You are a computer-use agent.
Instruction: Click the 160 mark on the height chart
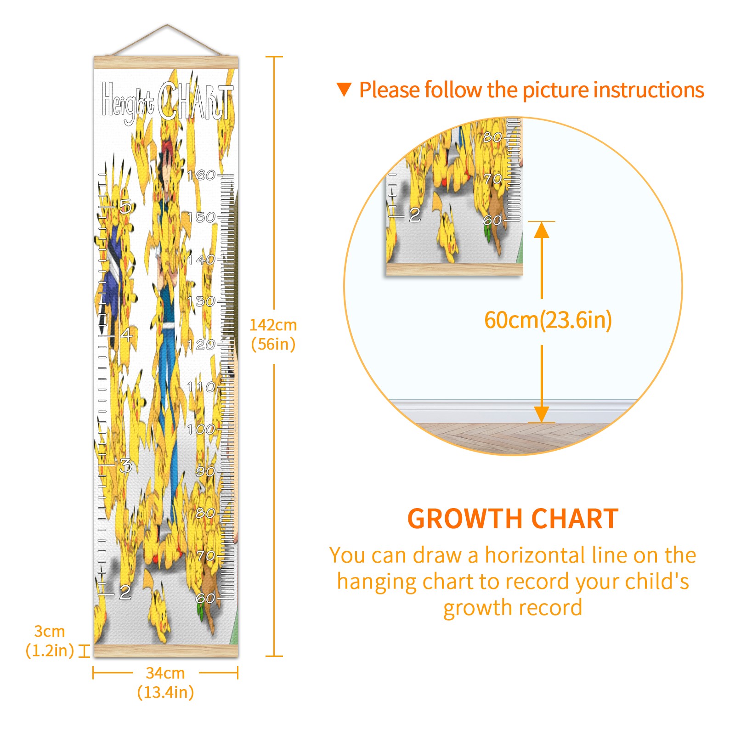click(201, 175)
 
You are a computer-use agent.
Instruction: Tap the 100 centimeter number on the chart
click(201, 429)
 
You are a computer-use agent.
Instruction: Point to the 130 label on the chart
click(201, 301)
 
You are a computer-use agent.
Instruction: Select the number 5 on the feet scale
click(125, 207)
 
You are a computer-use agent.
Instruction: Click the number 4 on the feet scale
click(126, 334)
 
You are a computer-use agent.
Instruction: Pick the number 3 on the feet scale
click(125, 466)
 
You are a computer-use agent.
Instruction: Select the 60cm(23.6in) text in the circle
click(548, 320)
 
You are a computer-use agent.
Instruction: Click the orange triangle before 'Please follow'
click(344, 90)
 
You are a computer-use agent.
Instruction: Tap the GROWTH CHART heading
click(513, 519)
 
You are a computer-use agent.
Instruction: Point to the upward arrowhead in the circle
click(542, 230)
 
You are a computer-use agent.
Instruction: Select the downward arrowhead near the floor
click(542, 414)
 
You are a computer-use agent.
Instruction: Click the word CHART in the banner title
click(195, 102)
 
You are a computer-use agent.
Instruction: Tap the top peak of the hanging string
click(167, 25)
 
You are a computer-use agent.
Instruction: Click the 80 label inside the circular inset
click(492, 137)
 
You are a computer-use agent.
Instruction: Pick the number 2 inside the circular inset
click(415, 215)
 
